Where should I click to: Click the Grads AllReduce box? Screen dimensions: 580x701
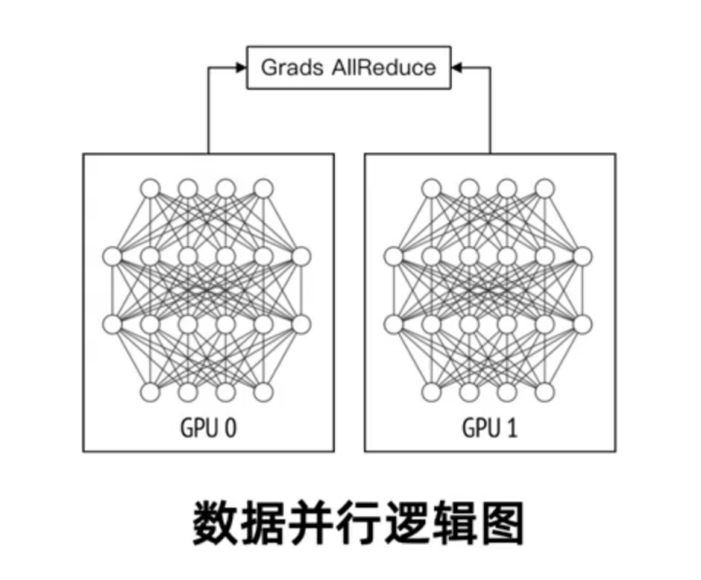click(x=350, y=68)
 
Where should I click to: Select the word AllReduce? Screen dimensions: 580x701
click(x=378, y=68)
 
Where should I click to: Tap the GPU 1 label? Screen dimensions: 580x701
click(x=490, y=428)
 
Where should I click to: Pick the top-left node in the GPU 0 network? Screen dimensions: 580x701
click(x=150, y=188)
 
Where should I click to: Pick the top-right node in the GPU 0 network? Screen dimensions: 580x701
click(x=264, y=188)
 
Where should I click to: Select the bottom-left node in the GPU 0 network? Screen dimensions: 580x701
click(x=150, y=393)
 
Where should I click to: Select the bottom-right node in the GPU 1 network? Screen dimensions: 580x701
click(x=545, y=393)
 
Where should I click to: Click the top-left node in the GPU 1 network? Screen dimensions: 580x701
click(x=431, y=188)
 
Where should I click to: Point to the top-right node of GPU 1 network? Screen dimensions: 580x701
click(x=545, y=188)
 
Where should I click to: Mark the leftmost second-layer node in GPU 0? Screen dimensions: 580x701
click(x=112, y=257)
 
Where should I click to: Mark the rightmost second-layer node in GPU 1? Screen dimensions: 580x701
click(x=582, y=257)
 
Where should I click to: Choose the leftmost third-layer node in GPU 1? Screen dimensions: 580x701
click(x=393, y=324)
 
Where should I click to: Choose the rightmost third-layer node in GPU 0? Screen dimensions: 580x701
click(x=301, y=324)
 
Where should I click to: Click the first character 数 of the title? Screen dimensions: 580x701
click(x=211, y=524)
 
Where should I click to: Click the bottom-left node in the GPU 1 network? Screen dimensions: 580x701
click(x=431, y=393)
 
